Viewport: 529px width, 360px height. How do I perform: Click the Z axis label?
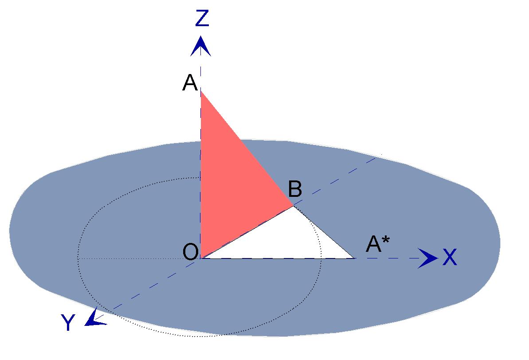[x=202, y=18]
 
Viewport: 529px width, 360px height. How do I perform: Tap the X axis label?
[x=450, y=258]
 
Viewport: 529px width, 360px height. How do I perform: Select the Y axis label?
[x=68, y=322]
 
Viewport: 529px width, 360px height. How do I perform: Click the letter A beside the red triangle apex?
[x=190, y=82]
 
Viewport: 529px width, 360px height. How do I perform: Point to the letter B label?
[x=295, y=189]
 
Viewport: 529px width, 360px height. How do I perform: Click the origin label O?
[x=190, y=252]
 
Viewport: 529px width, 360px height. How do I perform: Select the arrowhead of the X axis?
[x=428, y=258]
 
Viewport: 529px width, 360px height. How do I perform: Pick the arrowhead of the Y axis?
[x=94, y=318]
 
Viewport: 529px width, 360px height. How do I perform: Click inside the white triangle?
[x=287, y=239]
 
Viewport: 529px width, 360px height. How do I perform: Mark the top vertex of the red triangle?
[x=201, y=91]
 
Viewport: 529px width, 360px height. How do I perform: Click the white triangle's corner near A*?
[x=355, y=258]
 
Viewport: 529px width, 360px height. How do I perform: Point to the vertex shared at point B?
[x=293, y=206]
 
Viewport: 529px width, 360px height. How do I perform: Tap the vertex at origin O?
[x=201, y=258]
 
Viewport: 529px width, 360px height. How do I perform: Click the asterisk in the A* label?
[x=386, y=240]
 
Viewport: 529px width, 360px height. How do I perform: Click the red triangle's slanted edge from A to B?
[x=247, y=149]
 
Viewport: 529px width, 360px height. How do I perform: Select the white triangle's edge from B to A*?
[x=324, y=232]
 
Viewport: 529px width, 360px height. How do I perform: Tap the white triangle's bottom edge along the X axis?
[x=278, y=258]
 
